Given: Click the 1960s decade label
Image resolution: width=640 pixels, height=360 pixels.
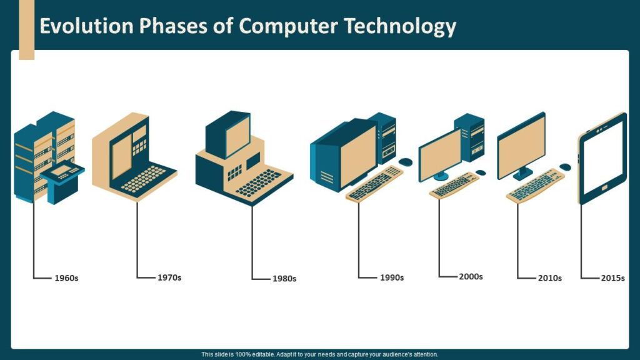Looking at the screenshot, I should tap(66, 277).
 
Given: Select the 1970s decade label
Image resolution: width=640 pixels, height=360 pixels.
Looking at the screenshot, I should tap(169, 277).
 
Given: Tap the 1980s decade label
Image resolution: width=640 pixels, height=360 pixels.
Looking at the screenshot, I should tap(284, 279).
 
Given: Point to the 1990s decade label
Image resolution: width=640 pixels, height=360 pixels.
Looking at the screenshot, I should tap(392, 277).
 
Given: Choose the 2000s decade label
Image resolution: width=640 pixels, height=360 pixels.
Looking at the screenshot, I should tap(471, 276).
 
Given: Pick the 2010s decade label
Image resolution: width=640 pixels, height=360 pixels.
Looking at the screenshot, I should tap(550, 278).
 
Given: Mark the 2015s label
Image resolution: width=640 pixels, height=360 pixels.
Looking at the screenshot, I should tap(612, 278).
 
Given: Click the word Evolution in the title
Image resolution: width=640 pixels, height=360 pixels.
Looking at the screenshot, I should tap(86, 26).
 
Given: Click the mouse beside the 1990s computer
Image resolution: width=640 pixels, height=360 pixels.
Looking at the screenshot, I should tap(406, 162).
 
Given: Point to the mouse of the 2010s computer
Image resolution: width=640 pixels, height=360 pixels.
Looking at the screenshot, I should tap(565, 167).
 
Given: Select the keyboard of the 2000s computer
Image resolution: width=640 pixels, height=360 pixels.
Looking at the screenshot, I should tap(454, 185).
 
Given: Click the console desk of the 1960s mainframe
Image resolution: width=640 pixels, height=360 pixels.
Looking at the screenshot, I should tap(63, 177).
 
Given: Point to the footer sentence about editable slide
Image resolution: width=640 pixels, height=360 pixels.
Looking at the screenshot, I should tap(320, 354).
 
